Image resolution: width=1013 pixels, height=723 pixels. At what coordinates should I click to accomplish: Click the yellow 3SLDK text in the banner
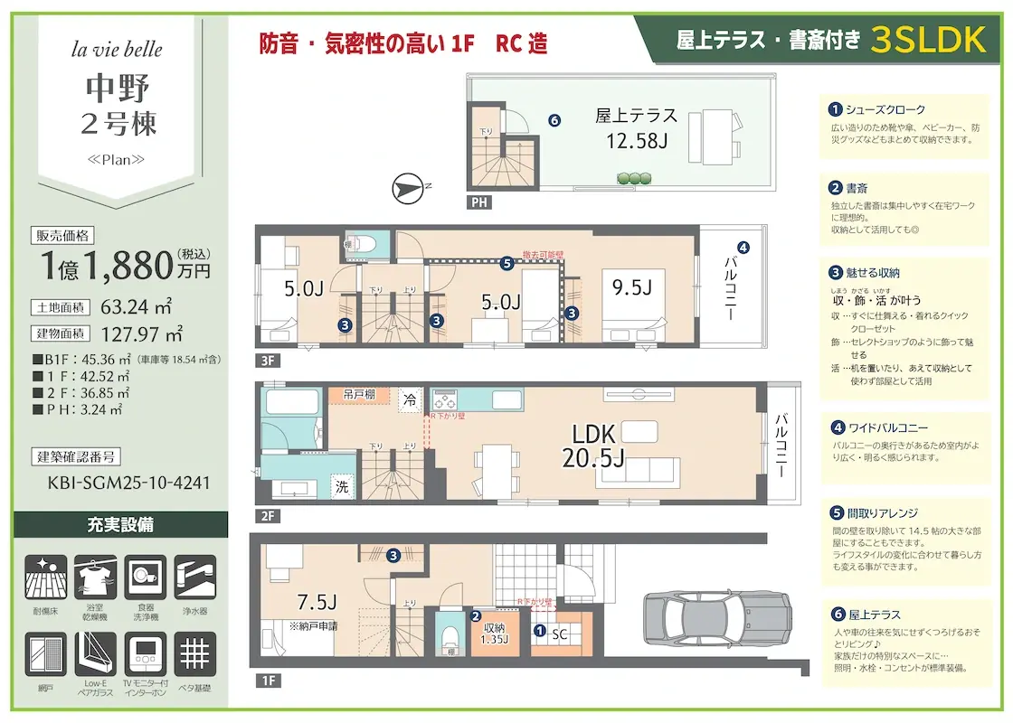click(928, 40)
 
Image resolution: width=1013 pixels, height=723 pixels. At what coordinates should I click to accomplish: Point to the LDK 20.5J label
click(593, 445)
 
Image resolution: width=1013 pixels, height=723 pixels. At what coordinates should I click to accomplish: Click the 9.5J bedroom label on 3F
click(631, 287)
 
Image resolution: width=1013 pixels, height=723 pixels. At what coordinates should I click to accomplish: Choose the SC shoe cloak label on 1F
click(560, 634)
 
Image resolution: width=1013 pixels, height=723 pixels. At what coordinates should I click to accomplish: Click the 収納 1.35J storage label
click(494, 634)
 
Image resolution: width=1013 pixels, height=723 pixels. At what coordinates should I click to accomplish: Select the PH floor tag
click(479, 202)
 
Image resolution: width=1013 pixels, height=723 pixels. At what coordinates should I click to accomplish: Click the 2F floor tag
click(268, 517)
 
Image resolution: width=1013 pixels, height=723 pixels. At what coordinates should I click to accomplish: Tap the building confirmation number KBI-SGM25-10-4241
click(128, 483)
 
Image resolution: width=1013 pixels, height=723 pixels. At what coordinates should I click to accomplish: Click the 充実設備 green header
click(120, 525)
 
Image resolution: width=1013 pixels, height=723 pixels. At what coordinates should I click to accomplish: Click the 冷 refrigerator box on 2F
click(411, 399)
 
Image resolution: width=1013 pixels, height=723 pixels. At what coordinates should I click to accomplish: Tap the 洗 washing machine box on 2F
click(343, 485)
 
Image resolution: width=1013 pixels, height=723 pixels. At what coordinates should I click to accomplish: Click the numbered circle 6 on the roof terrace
click(554, 119)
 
